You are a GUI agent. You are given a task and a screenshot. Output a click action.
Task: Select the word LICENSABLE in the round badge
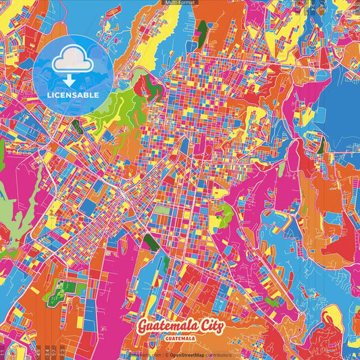click(72, 95)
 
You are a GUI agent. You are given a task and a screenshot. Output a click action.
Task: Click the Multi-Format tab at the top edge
click(180, 3)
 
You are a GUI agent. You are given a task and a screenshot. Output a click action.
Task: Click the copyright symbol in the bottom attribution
click(165, 355)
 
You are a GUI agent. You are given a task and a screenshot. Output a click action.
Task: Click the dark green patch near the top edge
click(203, 28)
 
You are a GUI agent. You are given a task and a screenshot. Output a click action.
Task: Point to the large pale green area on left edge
click(8, 203)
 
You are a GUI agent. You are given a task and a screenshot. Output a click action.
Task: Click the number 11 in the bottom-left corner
click(3, 352)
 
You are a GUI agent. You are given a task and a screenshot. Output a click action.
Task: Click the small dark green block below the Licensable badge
click(76, 126)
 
